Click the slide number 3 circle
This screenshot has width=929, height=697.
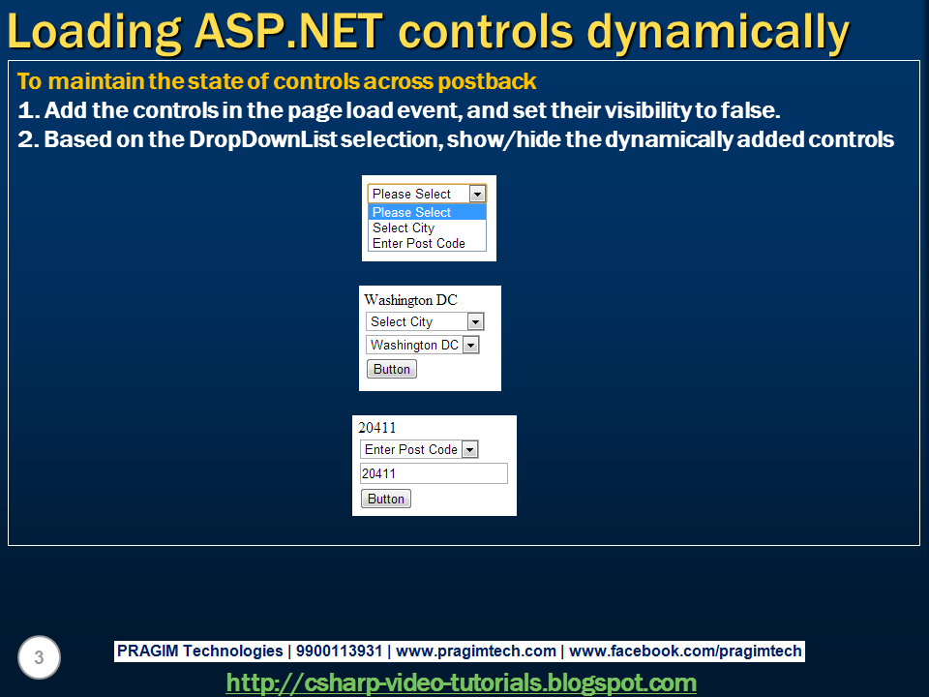(x=39, y=657)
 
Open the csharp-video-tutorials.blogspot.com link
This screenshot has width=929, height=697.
(x=461, y=682)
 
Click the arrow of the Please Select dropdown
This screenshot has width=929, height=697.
(x=477, y=194)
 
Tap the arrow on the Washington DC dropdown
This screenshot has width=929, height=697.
(x=470, y=345)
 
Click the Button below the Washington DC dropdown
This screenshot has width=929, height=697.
(x=392, y=369)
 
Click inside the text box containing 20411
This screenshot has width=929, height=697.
(x=434, y=473)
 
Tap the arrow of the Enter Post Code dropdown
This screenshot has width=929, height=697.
(x=469, y=449)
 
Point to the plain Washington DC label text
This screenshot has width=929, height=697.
(x=410, y=300)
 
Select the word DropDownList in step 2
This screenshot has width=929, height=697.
(x=263, y=139)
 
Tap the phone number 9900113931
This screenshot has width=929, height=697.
(x=339, y=651)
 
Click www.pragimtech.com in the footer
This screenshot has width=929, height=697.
(x=476, y=651)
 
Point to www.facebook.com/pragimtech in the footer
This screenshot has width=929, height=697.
(x=685, y=651)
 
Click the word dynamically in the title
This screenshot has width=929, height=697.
(x=718, y=33)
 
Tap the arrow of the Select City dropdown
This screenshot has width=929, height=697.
(x=475, y=321)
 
